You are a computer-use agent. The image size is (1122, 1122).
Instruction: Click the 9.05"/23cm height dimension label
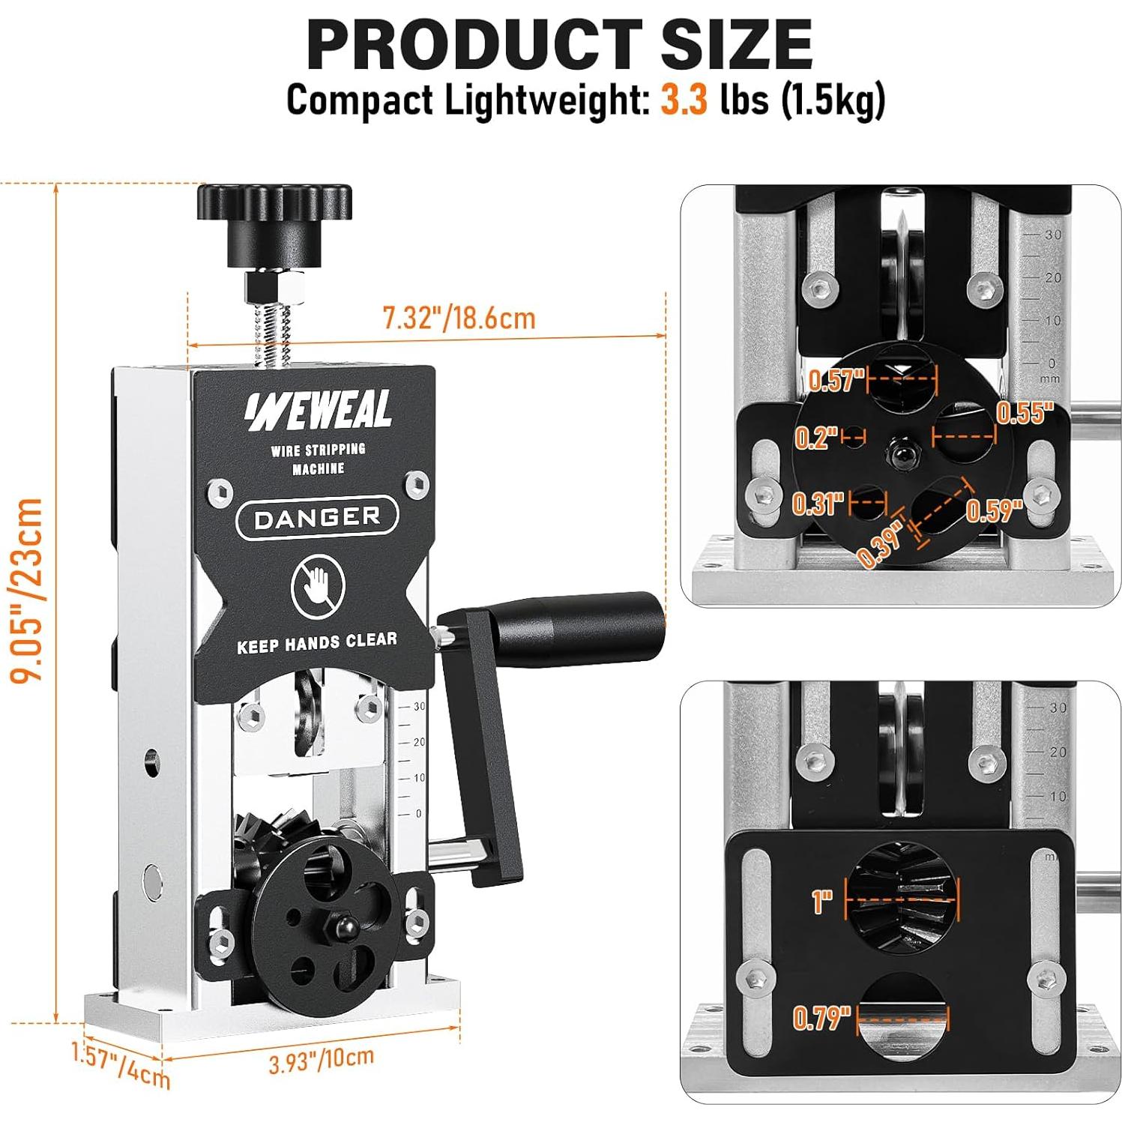(x=25, y=591)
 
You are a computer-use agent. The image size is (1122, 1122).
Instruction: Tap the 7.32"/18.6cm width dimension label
(x=459, y=318)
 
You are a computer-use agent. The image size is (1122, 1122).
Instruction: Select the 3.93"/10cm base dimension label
(x=321, y=1059)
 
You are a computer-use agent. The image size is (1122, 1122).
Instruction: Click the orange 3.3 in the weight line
(x=683, y=100)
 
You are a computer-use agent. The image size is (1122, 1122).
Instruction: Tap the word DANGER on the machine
(x=317, y=517)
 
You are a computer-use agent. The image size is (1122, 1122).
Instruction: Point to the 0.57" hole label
(x=836, y=380)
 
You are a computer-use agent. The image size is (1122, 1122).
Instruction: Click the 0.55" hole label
(x=1025, y=412)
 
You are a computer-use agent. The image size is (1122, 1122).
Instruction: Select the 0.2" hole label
(x=815, y=437)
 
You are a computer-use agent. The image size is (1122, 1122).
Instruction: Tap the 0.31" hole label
(x=818, y=504)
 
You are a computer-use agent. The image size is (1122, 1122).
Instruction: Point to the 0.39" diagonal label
(x=880, y=543)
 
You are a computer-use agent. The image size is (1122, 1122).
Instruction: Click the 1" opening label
(x=821, y=901)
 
